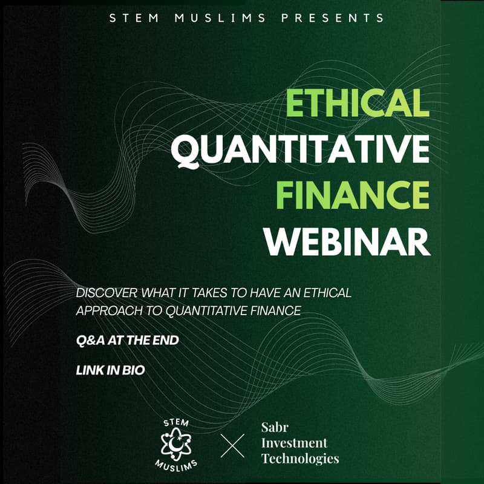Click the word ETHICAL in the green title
tap(358, 103)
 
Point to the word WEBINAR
tap(347, 241)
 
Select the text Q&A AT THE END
tap(127, 341)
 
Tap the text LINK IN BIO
tap(110, 370)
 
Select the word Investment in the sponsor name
tap(294, 443)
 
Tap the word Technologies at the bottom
tap(300, 459)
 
